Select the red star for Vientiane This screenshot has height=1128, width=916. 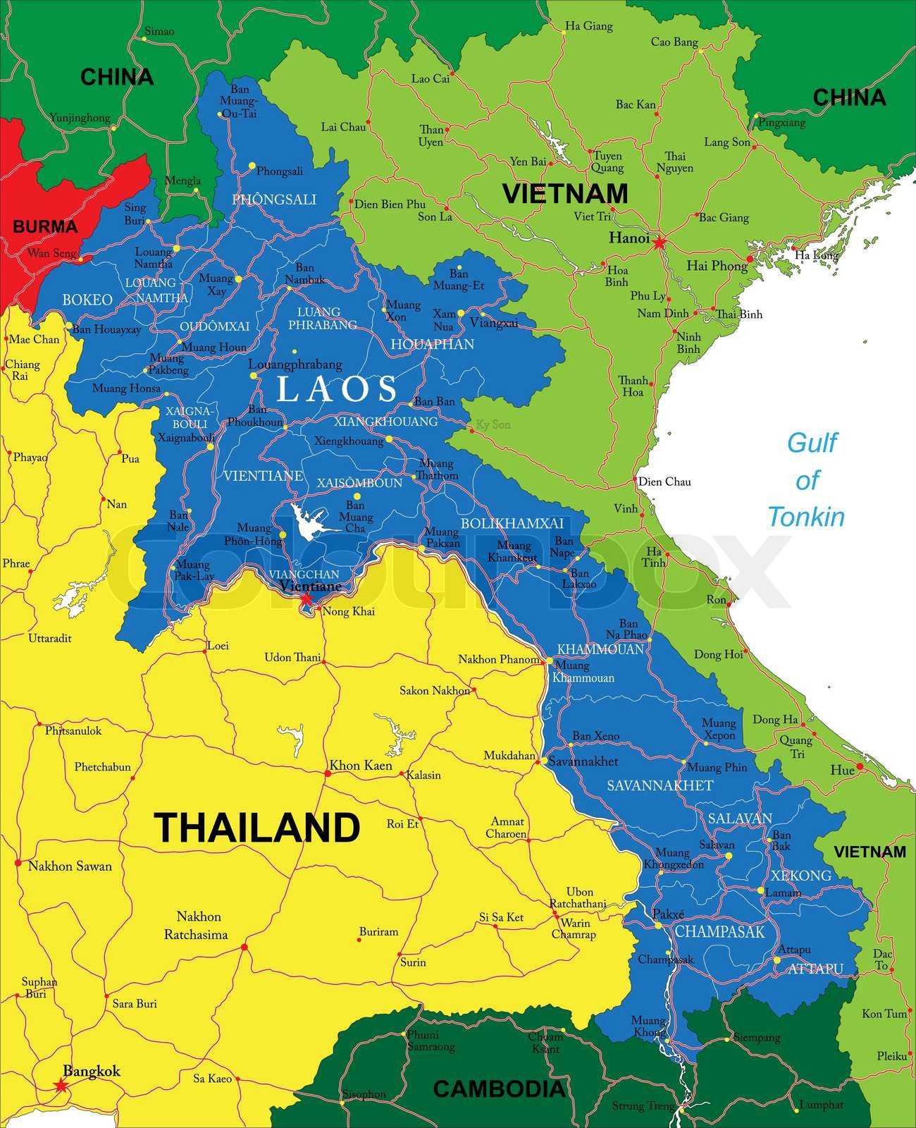pyautogui.click(x=307, y=599)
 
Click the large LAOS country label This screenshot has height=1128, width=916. pyautogui.click(x=337, y=388)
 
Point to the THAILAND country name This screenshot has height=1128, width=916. pyautogui.click(x=256, y=828)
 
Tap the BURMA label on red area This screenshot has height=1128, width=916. pyautogui.click(x=45, y=227)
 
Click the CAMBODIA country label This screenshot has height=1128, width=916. pyautogui.click(x=499, y=1089)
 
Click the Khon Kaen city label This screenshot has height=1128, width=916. pyautogui.click(x=361, y=766)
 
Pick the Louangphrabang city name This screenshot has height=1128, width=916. pyautogui.click(x=295, y=364)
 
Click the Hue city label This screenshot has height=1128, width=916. pyautogui.click(x=842, y=771)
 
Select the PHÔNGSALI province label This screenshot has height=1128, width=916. pyautogui.click(x=274, y=200)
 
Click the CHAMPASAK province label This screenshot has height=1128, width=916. pyautogui.click(x=719, y=932)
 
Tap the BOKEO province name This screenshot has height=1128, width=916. pyautogui.click(x=87, y=300)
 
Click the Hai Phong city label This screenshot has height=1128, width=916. pyautogui.click(x=717, y=266)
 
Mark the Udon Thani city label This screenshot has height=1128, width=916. pyautogui.click(x=292, y=658)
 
